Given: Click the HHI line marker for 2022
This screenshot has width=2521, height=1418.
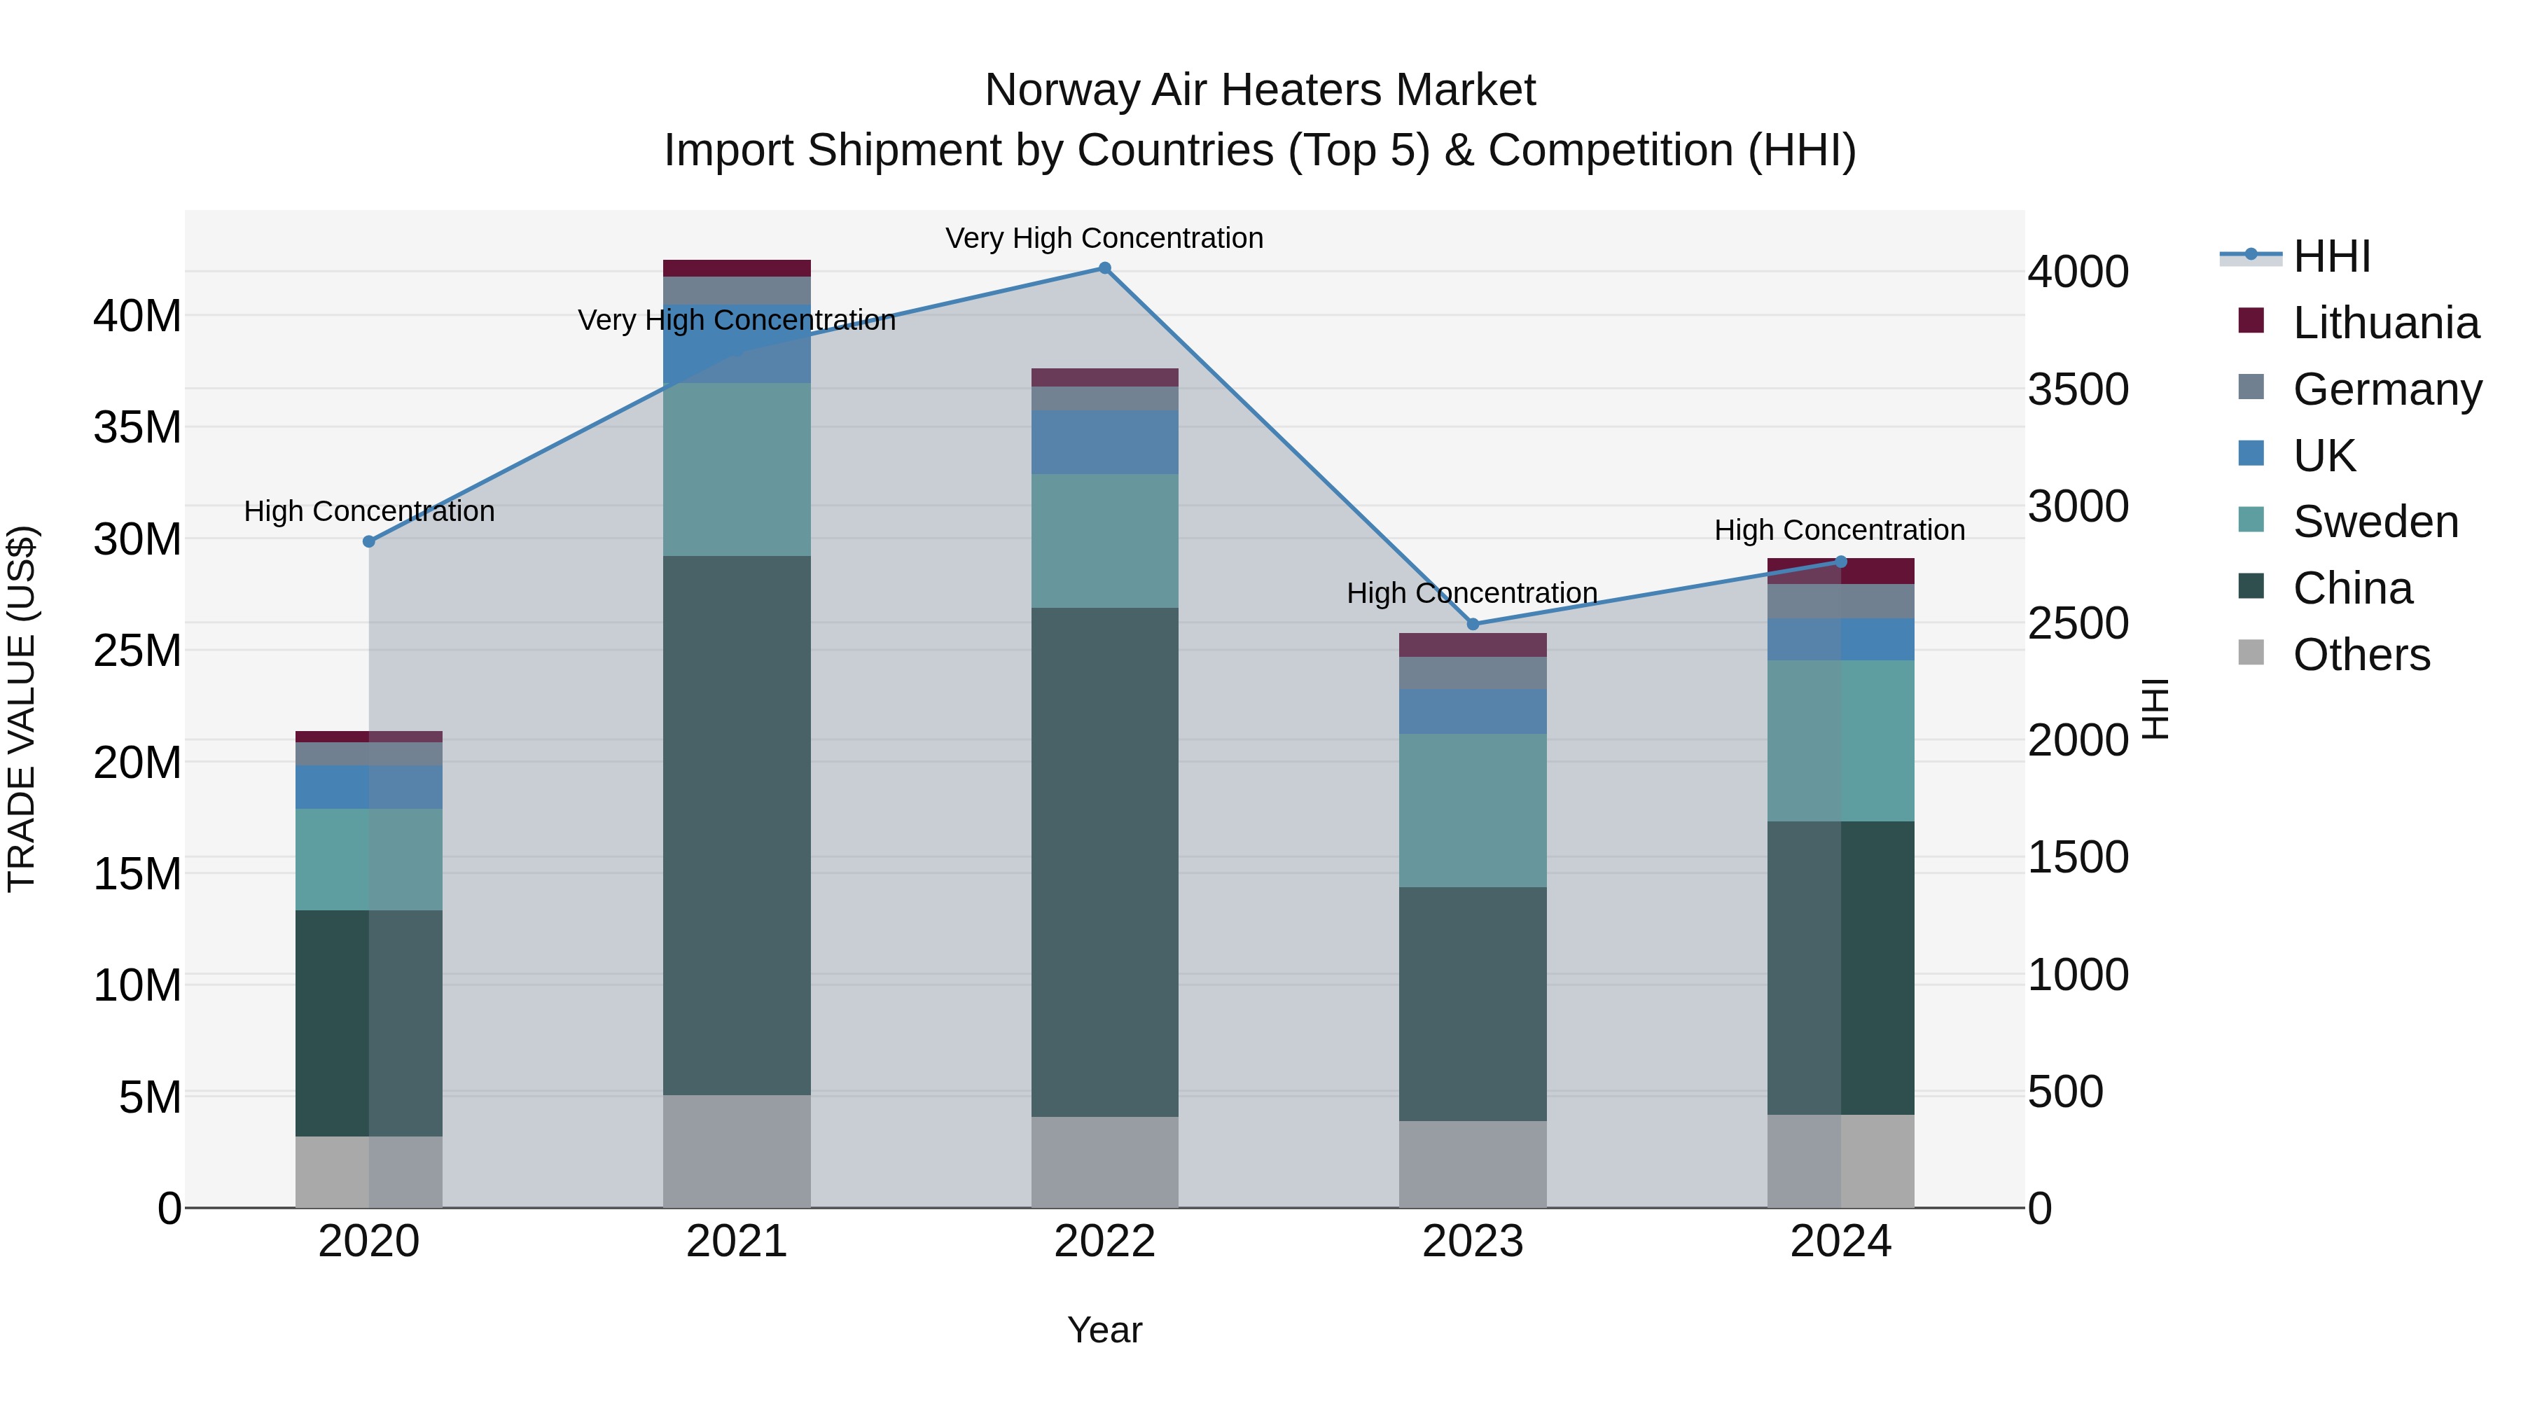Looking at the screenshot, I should point(1105,268).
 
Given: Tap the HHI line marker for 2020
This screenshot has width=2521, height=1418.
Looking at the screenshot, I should point(369,541).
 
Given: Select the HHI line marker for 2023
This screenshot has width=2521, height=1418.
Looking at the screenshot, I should point(1473,625).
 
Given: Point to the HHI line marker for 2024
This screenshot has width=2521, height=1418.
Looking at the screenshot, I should point(1841,562).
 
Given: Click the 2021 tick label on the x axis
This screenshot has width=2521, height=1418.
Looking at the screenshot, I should point(737,1242).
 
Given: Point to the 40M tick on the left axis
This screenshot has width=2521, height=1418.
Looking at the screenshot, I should point(137,316).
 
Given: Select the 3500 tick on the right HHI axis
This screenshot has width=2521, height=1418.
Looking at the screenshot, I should point(2078,389).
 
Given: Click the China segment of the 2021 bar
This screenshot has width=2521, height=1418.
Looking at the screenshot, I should point(737,824).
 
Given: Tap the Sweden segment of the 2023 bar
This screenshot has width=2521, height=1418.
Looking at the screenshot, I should point(1473,810).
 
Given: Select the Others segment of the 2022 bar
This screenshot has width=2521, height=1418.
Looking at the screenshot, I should point(1105,1162).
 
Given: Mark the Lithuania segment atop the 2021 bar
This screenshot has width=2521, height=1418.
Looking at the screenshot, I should point(737,268).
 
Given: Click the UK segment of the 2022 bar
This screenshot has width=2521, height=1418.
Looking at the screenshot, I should point(1105,443).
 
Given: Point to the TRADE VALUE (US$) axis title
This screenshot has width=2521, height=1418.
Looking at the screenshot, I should point(22,709).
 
